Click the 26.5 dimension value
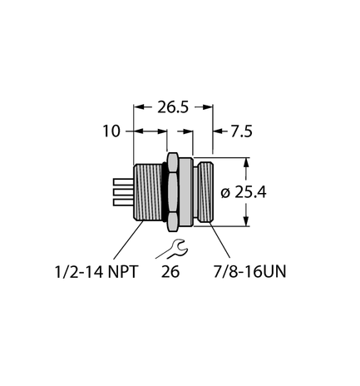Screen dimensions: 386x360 [174, 106]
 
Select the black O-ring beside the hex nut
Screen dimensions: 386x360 [162, 191]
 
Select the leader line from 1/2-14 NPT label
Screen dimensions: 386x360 [125, 241]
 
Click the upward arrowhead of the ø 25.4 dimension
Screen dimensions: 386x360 [246, 163]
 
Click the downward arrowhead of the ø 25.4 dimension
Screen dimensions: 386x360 [246, 220]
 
